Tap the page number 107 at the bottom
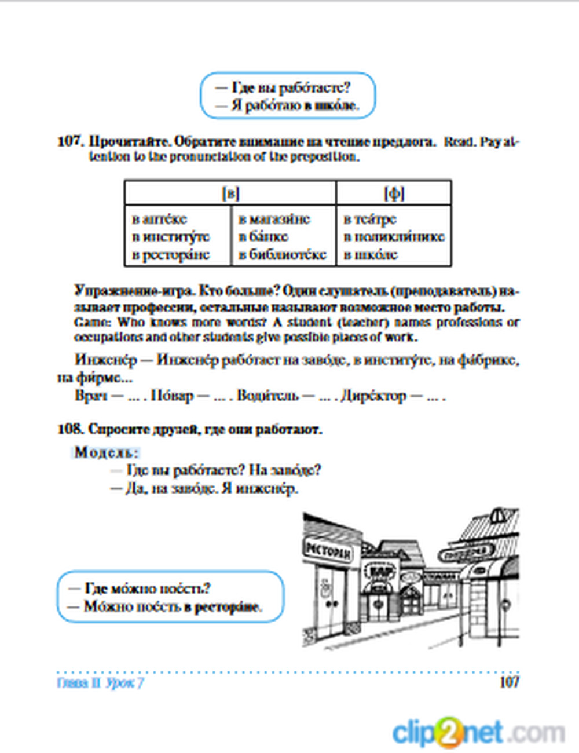[x=509, y=682]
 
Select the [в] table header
[x=230, y=193]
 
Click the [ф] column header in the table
[x=394, y=193]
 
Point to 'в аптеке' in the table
[x=160, y=220]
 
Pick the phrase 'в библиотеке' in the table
[x=283, y=255]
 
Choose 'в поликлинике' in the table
[x=394, y=237]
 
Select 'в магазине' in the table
[x=274, y=220]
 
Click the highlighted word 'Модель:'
[x=107, y=452]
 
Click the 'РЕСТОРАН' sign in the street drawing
[x=328, y=551]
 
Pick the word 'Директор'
[x=373, y=396]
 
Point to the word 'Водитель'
[x=268, y=396]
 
